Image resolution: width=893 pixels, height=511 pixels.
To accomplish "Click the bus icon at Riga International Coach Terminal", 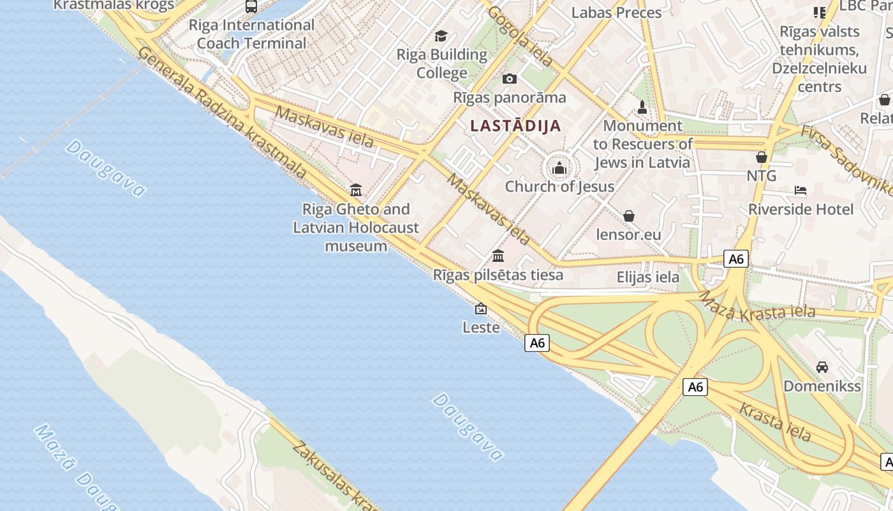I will [251, 7].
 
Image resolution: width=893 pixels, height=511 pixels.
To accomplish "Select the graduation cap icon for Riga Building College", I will [441, 36].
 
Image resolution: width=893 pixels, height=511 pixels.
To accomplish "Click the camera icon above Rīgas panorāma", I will [509, 79].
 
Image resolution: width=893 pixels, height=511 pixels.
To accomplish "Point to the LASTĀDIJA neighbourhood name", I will [515, 126].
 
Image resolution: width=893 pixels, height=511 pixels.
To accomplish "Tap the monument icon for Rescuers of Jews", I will [642, 107].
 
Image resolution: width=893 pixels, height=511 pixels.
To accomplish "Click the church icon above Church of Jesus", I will [559, 168].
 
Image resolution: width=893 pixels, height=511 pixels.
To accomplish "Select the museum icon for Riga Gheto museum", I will [356, 190].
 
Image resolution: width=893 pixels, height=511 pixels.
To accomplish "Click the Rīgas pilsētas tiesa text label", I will [498, 275].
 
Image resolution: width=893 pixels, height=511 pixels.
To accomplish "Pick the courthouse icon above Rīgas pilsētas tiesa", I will [498, 256].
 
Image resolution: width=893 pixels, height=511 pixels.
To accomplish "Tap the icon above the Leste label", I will [481, 309].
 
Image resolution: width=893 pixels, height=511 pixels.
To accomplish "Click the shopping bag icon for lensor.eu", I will [629, 216].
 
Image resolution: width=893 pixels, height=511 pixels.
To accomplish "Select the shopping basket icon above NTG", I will [761, 156].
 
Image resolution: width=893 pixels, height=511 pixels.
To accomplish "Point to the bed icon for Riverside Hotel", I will [801, 190].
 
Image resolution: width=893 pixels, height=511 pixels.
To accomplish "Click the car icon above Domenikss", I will [822, 367].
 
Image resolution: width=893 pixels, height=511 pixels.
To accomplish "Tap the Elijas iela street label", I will [648, 277].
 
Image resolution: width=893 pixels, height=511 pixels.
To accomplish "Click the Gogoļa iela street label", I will [519, 36].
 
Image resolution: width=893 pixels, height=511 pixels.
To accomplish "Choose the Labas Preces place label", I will [616, 13].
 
